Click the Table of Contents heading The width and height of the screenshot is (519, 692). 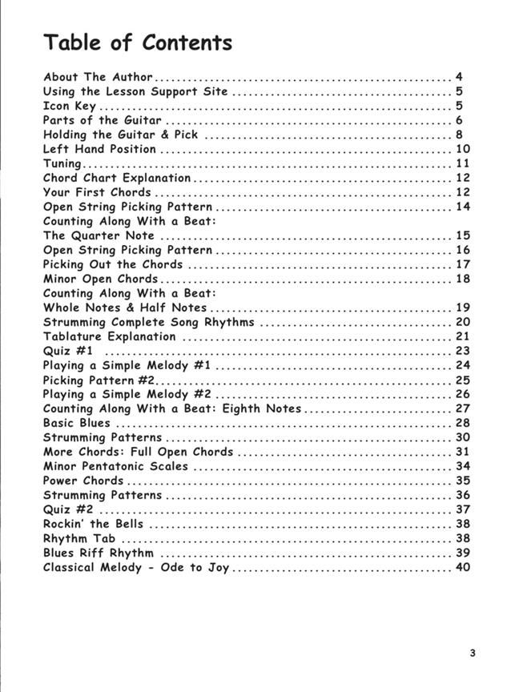click(138, 42)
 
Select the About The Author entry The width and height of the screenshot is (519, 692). click(98, 78)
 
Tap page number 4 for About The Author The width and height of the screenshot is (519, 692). click(459, 78)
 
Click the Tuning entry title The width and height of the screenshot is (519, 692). click(62, 164)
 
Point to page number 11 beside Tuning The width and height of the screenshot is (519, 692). click(462, 164)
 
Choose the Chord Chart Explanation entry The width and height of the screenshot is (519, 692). click(117, 179)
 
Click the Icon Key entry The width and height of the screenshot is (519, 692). click(70, 107)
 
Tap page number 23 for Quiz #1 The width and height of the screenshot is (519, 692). click(462, 352)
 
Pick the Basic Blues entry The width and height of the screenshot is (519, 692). click(77, 424)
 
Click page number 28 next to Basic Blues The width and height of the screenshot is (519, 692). click(462, 424)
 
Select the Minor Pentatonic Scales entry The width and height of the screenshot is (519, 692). click(115, 467)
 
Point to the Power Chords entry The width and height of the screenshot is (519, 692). click(83, 481)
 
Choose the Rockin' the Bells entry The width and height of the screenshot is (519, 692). click(93, 525)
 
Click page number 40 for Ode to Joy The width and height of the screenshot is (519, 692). click(462, 568)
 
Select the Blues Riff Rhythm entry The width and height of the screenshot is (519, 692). click(98, 553)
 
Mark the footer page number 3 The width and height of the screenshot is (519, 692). click(473, 653)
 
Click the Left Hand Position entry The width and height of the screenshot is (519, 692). click(99, 150)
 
